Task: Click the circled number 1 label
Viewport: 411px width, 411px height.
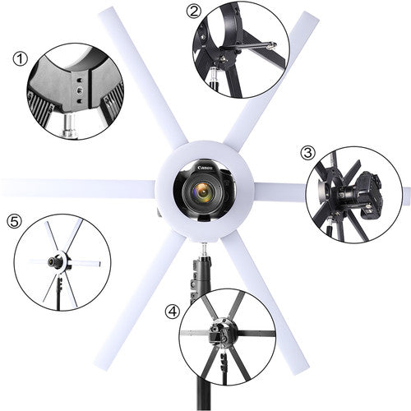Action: point(21,59)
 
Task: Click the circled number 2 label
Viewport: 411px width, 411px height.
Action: point(194,12)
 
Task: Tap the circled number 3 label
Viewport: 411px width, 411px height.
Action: point(308,153)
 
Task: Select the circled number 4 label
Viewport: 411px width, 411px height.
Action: point(173,312)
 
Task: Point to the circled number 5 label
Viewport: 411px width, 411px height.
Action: point(14,221)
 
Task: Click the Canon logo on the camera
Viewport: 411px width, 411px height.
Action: point(205,168)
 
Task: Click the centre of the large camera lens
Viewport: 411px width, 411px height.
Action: point(203,192)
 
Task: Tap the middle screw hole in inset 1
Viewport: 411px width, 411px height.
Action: point(80,90)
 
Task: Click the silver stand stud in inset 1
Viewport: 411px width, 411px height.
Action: point(70,127)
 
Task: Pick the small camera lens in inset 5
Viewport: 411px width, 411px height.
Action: point(52,262)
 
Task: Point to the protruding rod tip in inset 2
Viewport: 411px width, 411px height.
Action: point(271,44)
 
